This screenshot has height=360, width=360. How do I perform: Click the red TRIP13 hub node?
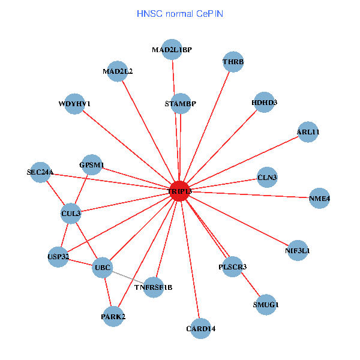(180, 191)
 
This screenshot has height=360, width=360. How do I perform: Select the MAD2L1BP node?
(172, 50)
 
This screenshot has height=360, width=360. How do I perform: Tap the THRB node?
(233, 62)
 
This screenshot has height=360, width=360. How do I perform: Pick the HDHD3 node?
(265, 103)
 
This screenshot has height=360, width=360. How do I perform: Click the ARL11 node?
(308, 132)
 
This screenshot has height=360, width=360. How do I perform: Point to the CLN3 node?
(267, 178)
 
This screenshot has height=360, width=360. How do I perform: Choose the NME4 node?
(319, 199)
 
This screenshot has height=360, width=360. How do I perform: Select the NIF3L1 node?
(298, 251)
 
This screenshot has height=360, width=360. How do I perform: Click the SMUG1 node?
(266, 304)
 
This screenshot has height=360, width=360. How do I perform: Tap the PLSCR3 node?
(233, 266)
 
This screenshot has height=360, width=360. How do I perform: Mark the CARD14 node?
(201, 328)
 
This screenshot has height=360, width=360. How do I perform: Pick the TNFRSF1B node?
(154, 287)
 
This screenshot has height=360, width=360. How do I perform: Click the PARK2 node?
(113, 316)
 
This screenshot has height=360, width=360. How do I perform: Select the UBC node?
(103, 268)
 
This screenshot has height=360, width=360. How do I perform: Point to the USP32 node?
(58, 257)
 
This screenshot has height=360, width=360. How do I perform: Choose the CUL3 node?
(71, 212)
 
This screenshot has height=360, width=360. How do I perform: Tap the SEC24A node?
(40, 172)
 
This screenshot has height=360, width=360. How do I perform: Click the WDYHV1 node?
(74, 104)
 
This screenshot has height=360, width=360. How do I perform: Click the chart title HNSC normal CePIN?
(180, 13)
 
